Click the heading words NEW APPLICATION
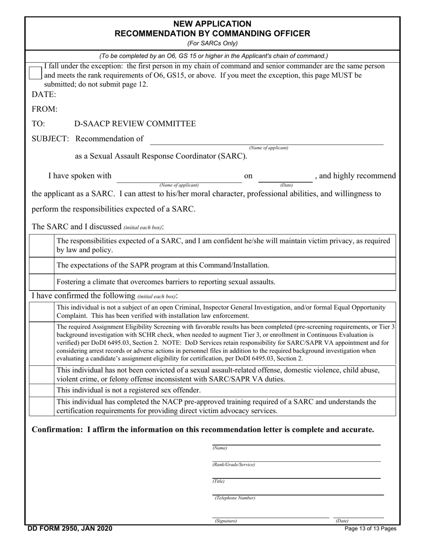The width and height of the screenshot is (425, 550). [x=212, y=24]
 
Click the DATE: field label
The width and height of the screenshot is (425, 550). [x=44, y=94]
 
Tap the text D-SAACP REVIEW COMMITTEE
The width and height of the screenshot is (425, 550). [x=135, y=124]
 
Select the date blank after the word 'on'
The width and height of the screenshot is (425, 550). [x=285, y=178]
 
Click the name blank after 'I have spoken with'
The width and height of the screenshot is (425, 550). [x=179, y=178]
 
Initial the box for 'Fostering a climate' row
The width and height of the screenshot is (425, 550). [x=42, y=282]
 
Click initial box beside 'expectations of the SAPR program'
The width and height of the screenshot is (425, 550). [x=42, y=266]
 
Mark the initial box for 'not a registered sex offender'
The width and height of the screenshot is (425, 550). [x=42, y=390]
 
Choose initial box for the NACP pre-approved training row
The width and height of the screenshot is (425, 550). [x=42, y=406]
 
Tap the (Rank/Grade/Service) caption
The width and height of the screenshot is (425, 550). [x=234, y=465]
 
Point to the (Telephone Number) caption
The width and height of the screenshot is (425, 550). [x=235, y=498]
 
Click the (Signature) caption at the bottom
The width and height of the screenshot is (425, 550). [x=225, y=521]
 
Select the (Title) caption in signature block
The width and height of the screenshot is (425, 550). [x=218, y=481]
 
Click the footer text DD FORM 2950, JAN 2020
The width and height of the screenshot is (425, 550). [x=70, y=529]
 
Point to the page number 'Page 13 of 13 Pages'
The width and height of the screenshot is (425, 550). [x=370, y=529]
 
